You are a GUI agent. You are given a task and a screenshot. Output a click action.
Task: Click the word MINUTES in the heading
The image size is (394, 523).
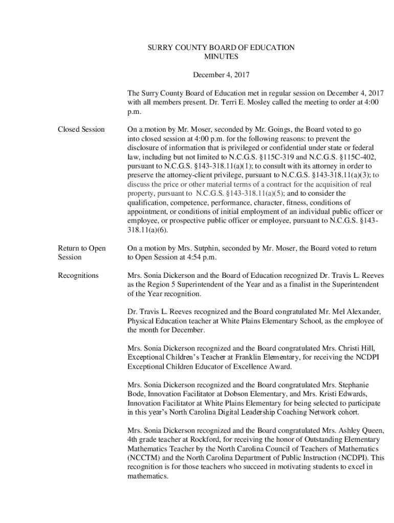[x=221, y=57]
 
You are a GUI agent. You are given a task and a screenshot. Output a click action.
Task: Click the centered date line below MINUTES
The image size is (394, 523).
[x=221, y=75]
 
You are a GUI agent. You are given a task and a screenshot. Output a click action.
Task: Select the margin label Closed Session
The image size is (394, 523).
[x=81, y=130]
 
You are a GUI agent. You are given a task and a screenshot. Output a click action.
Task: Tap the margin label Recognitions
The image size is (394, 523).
[x=78, y=276]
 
